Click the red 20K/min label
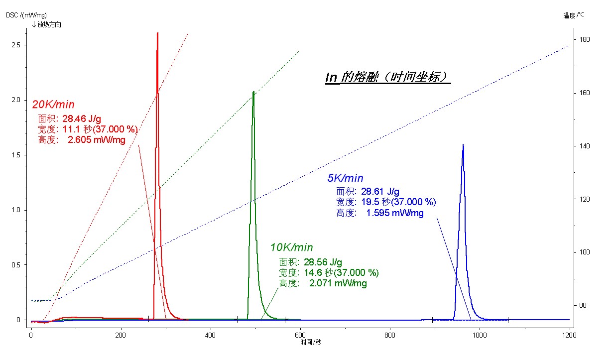53,105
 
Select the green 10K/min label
292,247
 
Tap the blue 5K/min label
345,178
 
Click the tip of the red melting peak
157,32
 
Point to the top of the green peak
253,92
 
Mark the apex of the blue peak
463,144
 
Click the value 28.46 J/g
82,119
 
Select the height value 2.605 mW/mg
97,140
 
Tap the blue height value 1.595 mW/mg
395,213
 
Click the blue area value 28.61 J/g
380,191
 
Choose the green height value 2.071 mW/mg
338,283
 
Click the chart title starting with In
387,77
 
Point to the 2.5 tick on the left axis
16,45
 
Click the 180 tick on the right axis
585,39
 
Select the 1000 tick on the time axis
480,335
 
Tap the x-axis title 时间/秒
311,342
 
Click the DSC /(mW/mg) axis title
26,15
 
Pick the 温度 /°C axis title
574,15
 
